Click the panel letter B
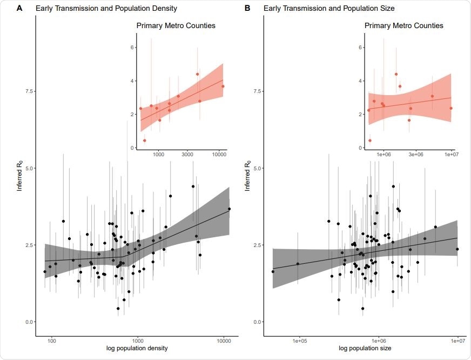[x=247, y=8]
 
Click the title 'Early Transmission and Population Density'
[x=106, y=9]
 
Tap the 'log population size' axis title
[x=366, y=349]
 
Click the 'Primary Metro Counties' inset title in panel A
[x=176, y=25]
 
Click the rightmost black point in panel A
[x=229, y=209]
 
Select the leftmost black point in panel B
[x=273, y=271]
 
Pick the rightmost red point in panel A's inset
[x=223, y=86]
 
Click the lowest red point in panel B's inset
[x=370, y=141]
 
